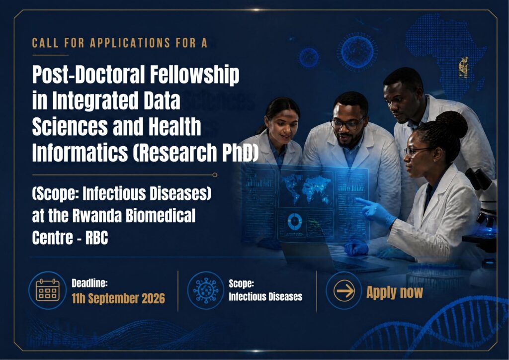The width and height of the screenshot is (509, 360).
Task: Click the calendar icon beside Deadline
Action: tap(48, 290)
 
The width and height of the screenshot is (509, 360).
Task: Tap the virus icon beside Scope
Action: tap(206, 290)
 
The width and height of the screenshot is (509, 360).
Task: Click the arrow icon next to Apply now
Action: tap(344, 290)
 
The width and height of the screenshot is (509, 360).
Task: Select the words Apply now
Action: tap(394, 292)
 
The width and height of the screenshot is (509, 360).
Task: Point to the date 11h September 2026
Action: tap(118, 298)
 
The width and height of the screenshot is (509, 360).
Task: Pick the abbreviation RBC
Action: tap(96, 238)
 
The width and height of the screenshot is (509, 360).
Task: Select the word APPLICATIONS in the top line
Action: tap(130, 43)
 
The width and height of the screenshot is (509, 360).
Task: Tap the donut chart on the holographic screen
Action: tap(294, 221)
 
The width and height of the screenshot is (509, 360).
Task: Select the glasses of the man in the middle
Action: tap(347, 124)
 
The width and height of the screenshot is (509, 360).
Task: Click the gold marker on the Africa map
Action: tap(463, 68)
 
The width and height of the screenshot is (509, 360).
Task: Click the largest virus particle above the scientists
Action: tap(357, 52)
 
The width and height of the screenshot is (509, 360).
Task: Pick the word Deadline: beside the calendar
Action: tap(89, 283)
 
